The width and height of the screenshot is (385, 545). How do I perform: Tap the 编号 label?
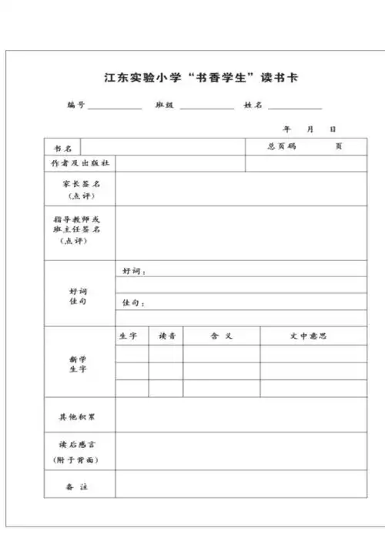[75, 105]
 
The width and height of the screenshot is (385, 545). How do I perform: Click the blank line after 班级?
[206, 108]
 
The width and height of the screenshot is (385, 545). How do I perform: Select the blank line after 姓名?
[295, 108]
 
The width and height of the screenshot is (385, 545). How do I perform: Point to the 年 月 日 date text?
[310, 129]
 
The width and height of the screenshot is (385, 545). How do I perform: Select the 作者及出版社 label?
[80, 163]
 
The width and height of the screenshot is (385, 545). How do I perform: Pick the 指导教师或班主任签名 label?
[80, 229]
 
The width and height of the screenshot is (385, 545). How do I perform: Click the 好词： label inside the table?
[134, 272]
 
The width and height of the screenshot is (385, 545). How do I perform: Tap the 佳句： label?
[134, 304]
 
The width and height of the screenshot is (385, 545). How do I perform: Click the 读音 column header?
[167, 336]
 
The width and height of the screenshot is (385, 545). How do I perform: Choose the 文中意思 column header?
[308, 336]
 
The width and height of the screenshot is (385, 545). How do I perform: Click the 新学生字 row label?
[79, 365]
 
